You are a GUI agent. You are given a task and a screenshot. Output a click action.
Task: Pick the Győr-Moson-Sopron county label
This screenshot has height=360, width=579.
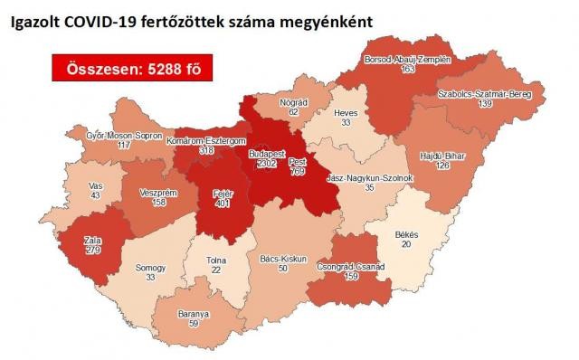pyautogui.click(x=119, y=135)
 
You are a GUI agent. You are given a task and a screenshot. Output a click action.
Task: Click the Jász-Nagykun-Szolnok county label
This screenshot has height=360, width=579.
pyautogui.click(x=369, y=178)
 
